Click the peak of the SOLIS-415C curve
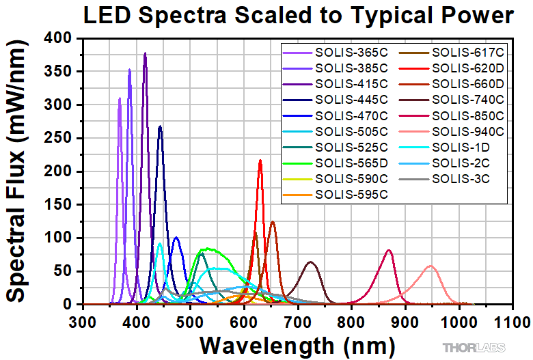pos(145,53)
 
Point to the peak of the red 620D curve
pos(260,161)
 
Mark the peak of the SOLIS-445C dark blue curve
pos(160,126)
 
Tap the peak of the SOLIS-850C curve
pos(389,250)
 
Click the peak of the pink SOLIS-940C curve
pos(430,266)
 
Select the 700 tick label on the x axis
pos(298,318)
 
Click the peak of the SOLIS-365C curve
pos(120,98)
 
